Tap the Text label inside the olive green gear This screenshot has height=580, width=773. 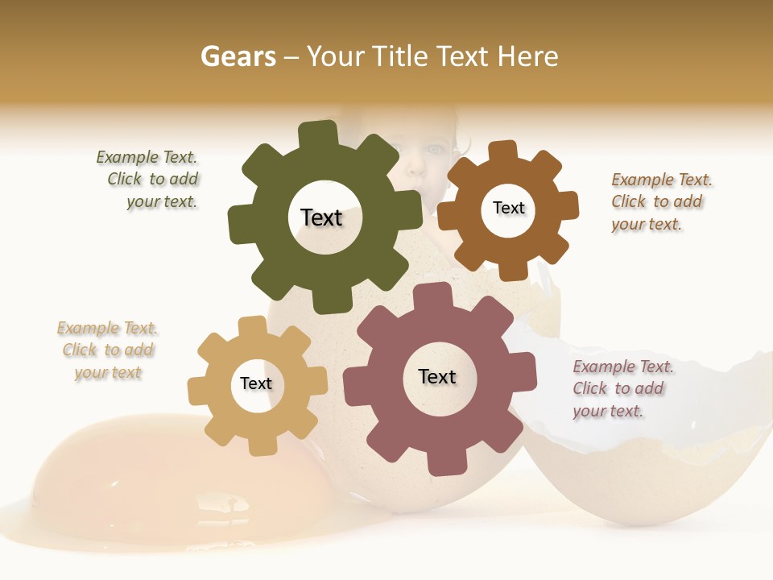[321, 217]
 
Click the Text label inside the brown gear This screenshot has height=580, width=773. [508, 208]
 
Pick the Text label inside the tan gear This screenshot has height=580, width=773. [256, 383]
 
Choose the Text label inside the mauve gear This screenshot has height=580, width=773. [437, 376]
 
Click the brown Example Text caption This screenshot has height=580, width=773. [660, 201]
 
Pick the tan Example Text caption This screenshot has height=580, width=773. [107, 350]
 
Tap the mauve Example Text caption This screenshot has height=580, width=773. [622, 389]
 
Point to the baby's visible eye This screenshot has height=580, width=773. [434, 150]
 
